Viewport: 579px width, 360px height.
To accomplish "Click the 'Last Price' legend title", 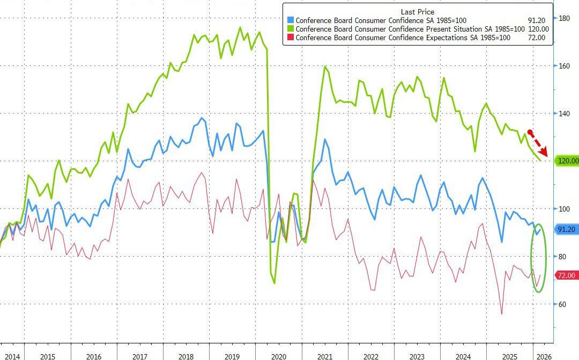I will [418, 12].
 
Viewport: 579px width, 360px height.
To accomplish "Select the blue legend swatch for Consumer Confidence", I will [290, 20].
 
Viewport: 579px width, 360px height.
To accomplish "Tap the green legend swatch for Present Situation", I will [290, 29].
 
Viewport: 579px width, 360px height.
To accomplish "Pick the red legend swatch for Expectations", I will [290, 37].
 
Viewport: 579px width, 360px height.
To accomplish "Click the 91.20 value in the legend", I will [537, 20].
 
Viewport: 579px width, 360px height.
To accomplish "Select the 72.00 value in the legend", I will [537, 37].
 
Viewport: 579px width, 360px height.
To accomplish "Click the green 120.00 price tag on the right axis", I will [567, 161].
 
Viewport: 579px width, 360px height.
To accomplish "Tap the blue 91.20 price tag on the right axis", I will [566, 229].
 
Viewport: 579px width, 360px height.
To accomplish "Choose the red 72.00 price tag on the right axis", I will [566, 275].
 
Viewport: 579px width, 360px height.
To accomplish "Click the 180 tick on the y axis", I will [564, 18].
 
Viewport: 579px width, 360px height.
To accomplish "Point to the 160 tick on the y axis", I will [564, 66].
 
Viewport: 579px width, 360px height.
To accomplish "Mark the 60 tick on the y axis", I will [562, 304].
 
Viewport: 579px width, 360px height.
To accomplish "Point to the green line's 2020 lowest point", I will [274, 283].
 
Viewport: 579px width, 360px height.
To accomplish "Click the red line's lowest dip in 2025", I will [502, 314].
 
